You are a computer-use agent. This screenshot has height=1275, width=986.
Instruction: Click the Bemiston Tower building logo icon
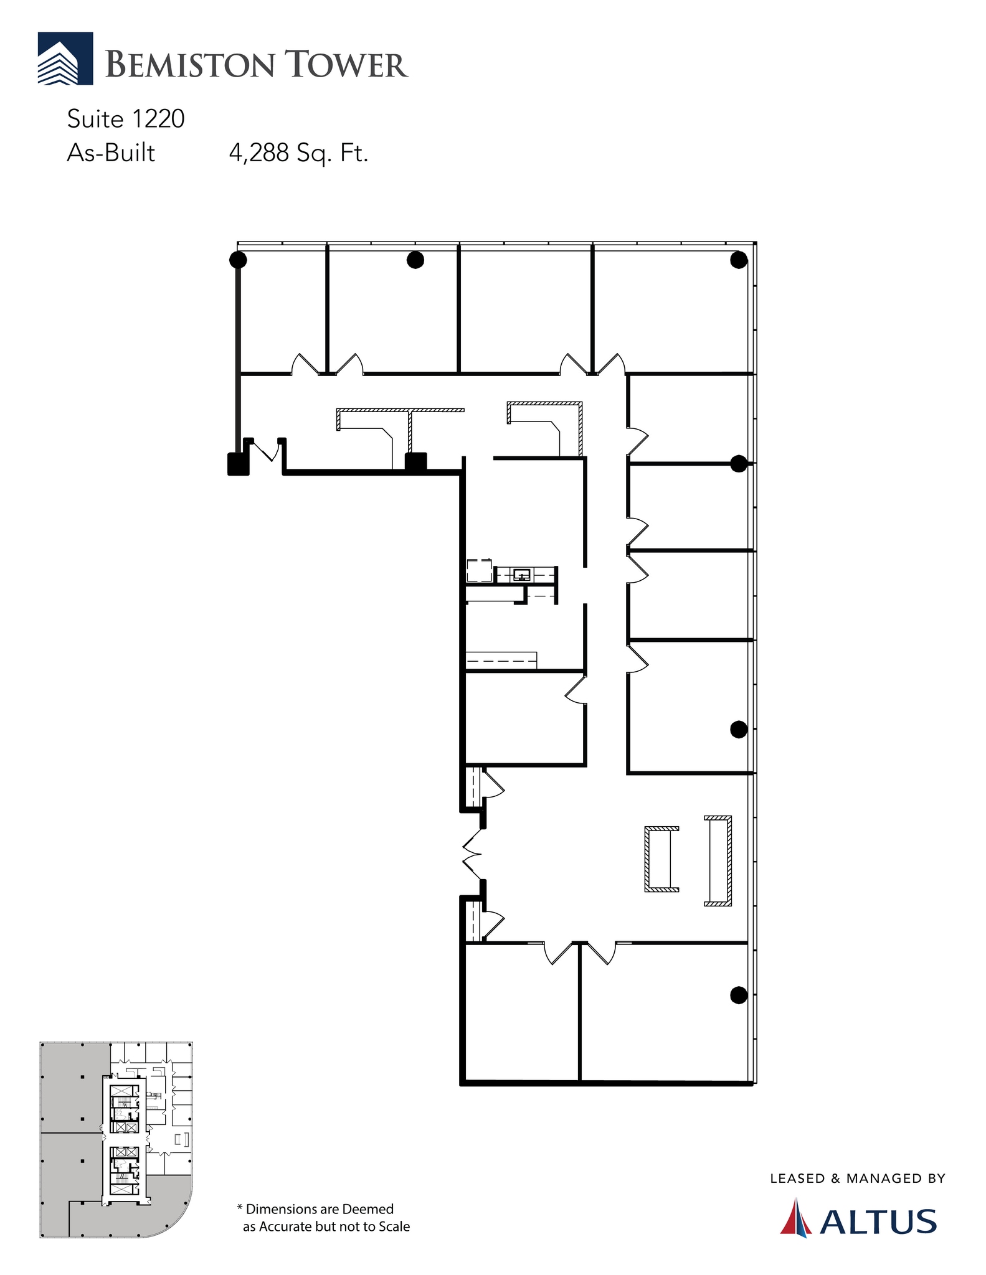coord(65,59)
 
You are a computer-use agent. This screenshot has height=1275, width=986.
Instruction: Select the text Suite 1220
coord(126,119)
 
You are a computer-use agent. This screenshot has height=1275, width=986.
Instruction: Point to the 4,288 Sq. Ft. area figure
coord(298,153)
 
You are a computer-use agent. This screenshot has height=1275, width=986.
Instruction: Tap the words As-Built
coord(111,153)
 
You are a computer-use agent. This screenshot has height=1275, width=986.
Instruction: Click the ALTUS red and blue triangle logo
coord(796,1217)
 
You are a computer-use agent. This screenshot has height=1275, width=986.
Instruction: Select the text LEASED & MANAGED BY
coord(858,1179)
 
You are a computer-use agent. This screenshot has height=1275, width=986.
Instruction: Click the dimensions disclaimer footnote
coord(323,1218)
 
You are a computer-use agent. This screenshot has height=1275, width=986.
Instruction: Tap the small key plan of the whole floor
coord(116,1139)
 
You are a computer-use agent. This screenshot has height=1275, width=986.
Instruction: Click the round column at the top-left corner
coord(238,260)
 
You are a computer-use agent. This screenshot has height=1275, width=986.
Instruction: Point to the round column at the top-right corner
coord(739,260)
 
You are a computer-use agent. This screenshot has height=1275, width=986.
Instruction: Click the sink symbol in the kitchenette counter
coord(522,575)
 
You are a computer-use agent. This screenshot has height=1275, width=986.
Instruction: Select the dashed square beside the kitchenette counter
coord(479,571)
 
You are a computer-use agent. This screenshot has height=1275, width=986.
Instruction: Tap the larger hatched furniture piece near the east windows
coord(719,860)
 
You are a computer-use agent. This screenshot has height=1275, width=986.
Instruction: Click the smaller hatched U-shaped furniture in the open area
coord(660,859)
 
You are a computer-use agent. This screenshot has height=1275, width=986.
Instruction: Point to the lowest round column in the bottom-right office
coord(739,995)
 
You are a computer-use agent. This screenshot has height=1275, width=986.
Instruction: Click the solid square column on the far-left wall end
coord(238,464)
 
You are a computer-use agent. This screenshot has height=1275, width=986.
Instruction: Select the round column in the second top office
coord(415,260)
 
